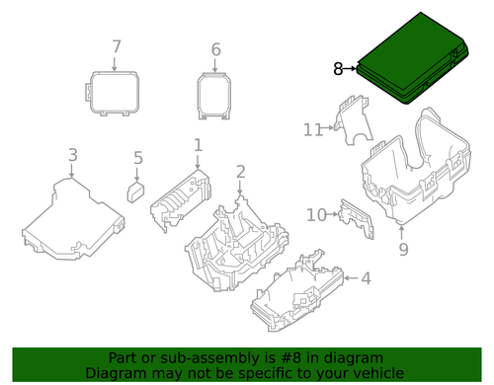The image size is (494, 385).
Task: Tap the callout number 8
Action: (339, 69)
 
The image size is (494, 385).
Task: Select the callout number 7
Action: (116, 46)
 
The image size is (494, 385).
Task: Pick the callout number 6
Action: (216, 48)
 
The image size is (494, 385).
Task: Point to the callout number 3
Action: (72, 154)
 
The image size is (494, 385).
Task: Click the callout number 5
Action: (138, 157)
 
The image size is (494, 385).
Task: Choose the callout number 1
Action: (198, 145)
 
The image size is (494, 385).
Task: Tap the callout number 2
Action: (240, 173)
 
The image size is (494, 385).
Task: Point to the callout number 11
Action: (313, 129)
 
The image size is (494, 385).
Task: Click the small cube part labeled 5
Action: (134, 189)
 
